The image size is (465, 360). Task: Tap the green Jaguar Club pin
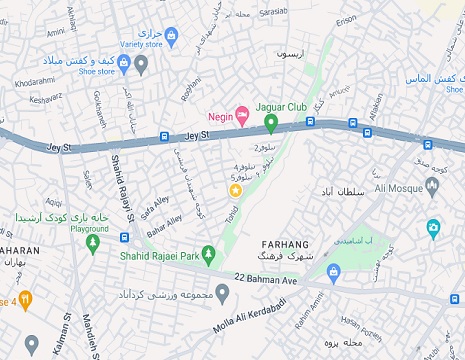pos(270,123)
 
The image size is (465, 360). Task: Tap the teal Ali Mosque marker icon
pos(433,227)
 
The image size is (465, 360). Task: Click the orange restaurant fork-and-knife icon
pos(26,299)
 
